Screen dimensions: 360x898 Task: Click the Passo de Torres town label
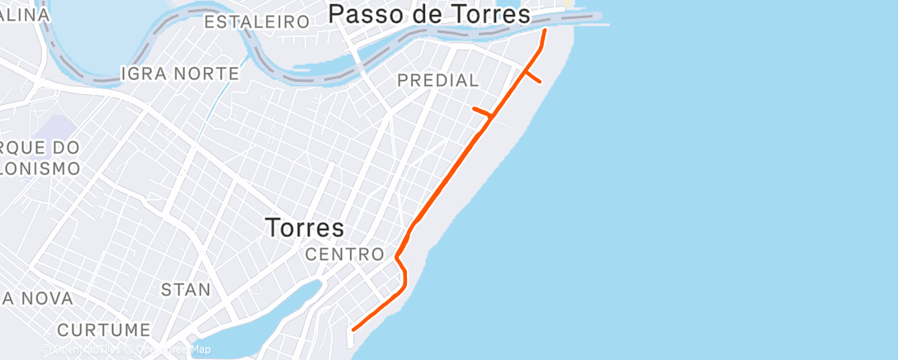tap(429, 14)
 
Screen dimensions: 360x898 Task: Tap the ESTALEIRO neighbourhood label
tap(256, 22)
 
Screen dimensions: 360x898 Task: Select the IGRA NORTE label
tap(180, 73)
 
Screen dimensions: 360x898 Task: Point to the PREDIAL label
tap(437, 80)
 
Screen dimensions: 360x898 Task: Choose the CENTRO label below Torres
tap(344, 254)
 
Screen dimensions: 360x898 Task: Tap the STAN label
tap(185, 290)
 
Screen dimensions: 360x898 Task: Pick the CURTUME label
tap(103, 330)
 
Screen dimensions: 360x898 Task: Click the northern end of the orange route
tap(545, 31)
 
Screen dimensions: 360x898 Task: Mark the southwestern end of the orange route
tap(354, 329)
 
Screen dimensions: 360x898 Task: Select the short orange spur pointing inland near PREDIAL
tap(481, 111)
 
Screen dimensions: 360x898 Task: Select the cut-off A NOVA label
tap(37, 298)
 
